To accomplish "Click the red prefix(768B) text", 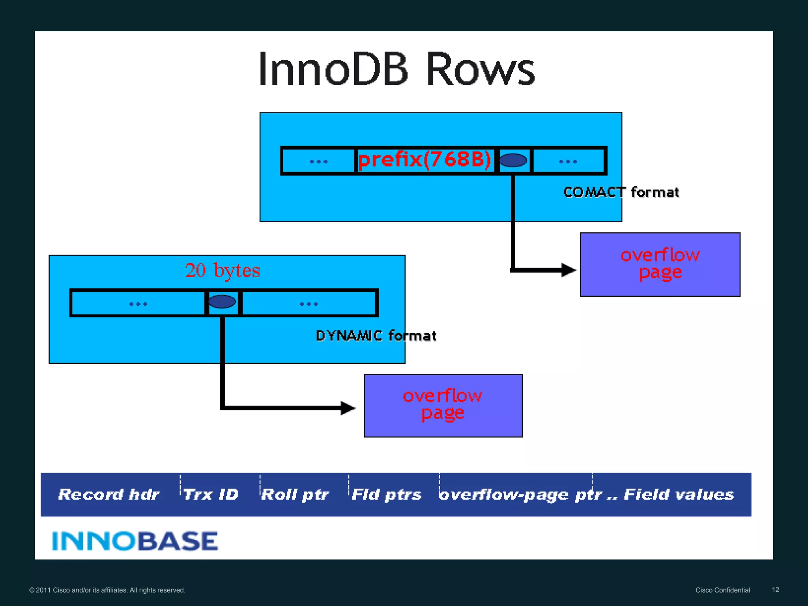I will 425,160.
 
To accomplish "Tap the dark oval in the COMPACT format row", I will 513,160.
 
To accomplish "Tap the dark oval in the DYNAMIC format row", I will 222,302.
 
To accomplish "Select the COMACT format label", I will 621,193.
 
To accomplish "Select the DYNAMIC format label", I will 376,336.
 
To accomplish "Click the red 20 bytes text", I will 223,271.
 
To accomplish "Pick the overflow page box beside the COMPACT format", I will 660,264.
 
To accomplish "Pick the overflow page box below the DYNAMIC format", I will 443,406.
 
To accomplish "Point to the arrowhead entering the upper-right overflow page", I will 569,270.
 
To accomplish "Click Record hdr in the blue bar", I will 109,495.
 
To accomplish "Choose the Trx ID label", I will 211,495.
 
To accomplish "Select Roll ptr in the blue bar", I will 295,495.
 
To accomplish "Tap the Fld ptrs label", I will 386,495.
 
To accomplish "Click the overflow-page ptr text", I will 521,495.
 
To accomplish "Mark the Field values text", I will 679,495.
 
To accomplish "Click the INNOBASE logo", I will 135,541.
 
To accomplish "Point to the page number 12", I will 775,590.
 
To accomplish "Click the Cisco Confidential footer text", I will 722,590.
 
